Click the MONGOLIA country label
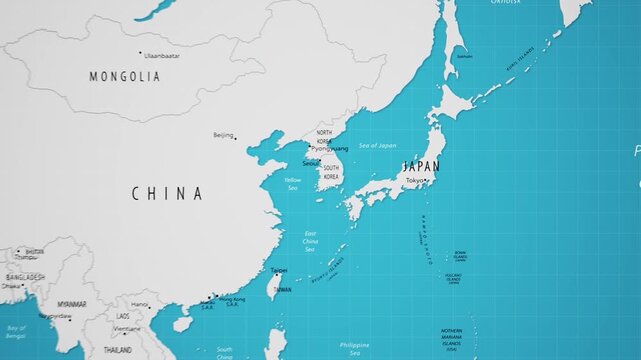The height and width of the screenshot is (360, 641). pyautogui.click(x=125, y=76)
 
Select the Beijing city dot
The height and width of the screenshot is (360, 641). pyautogui.click(x=237, y=137)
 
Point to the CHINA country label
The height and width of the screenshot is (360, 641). pyautogui.click(x=167, y=194)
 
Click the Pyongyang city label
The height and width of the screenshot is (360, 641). pyautogui.click(x=330, y=149)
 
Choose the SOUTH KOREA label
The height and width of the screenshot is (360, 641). pyautogui.click(x=331, y=172)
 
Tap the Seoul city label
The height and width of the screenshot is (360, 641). pyautogui.click(x=311, y=162)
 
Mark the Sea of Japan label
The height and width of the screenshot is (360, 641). pyautogui.click(x=377, y=146)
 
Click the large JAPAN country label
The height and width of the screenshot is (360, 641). pyautogui.click(x=420, y=166)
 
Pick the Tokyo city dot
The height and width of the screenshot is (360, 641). pyautogui.click(x=427, y=181)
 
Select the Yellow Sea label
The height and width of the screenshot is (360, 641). pyautogui.click(x=292, y=184)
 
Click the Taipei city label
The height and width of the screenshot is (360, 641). pyautogui.click(x=279, y=270)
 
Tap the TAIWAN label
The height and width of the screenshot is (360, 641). pyautogui.click(x=283, y=289)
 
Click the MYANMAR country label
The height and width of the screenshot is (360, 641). pyautogui.click(x=71, y=304)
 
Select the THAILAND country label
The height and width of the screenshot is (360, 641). pyautogui.click(x=117, y=350)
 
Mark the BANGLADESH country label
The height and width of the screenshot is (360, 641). pyautogui.click(x=24, y=277)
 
